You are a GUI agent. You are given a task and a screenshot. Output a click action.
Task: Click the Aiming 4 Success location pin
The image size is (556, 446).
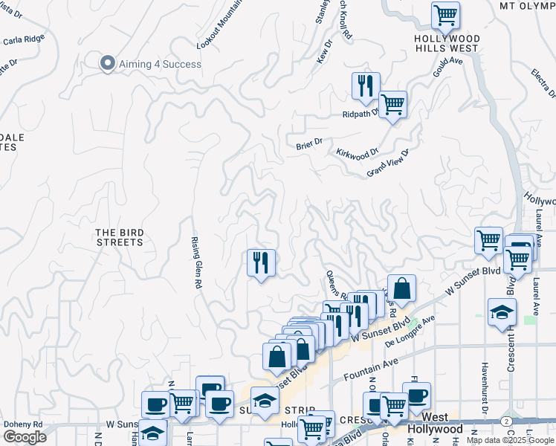click(x=108, y=63)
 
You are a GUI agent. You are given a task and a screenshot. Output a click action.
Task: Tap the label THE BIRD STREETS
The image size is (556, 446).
click(x=120, y=237)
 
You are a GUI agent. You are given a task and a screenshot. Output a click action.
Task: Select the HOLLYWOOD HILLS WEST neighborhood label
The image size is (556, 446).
click(x=447, y=43)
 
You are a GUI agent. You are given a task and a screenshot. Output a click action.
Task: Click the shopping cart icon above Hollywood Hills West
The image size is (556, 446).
click(x=445, y=15)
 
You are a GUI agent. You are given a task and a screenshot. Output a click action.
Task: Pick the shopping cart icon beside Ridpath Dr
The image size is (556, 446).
click(x=392, y=104)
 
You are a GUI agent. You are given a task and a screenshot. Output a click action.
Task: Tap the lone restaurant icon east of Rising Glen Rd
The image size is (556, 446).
click(x=261, y=264)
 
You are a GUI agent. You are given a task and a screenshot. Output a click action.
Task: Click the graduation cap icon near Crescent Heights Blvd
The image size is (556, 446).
click(x=502, y=312)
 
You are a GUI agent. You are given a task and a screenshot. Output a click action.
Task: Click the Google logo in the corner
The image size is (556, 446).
click(x=25, y=436)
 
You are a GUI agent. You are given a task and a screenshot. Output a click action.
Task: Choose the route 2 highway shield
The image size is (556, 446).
click(x=506, y=421)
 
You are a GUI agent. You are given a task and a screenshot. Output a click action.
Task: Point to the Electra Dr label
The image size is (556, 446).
click(x=543, y=83)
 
